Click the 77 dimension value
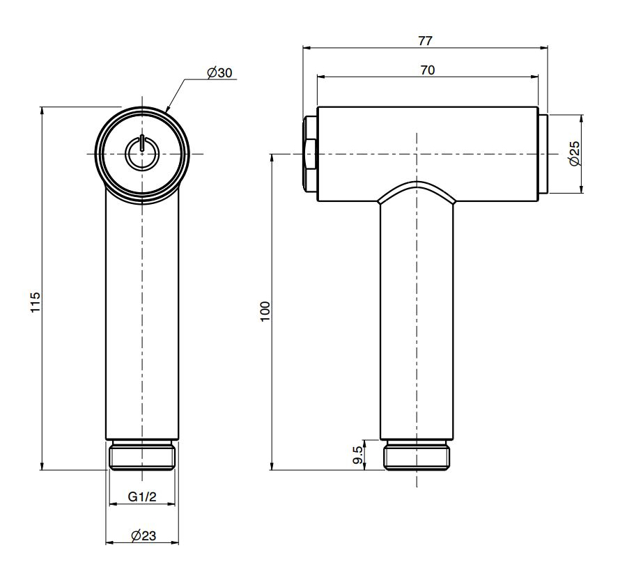(x=426, y=40)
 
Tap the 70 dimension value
(x=428, y=70)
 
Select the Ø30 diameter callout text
(x=219, y=72)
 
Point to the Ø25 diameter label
(x=575, y=154)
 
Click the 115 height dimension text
(x=36, y=302)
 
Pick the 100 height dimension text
(x=265, y=311)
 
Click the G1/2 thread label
(x=142, y=496)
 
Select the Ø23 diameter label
(x=143, y=535)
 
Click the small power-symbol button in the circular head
(x=142, y=153)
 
